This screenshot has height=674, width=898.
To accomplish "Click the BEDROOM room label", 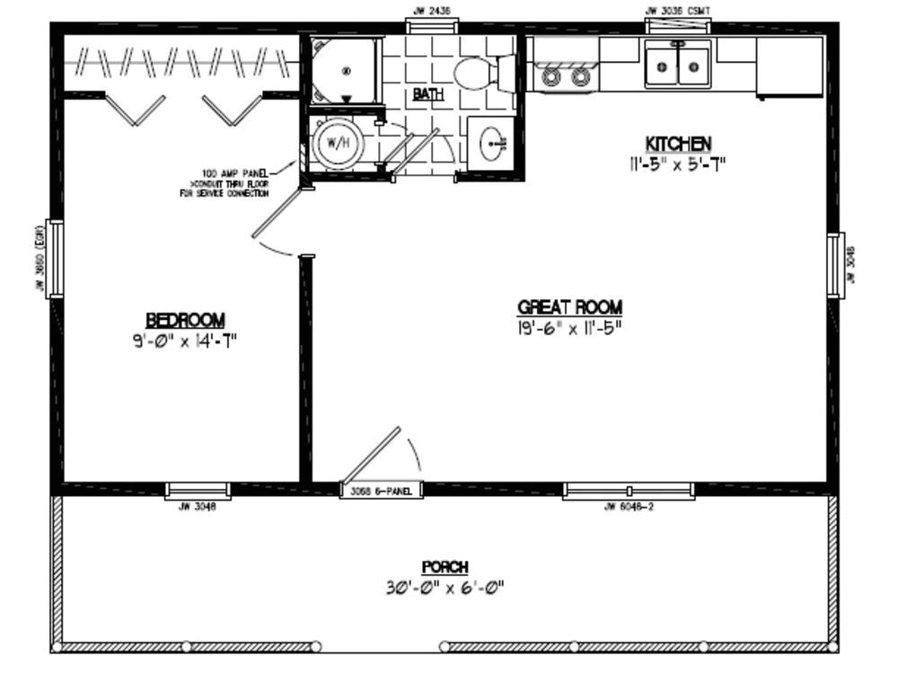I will pos(185,320).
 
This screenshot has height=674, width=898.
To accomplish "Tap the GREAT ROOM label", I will pos(569,306).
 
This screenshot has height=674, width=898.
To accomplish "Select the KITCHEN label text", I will pos(678,144).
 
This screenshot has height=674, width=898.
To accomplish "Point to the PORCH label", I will pos(445,567).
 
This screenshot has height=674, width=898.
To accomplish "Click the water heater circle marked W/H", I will pos(336,143).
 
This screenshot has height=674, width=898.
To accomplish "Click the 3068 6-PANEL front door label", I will pos(381,492).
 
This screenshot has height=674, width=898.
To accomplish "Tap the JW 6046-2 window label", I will pos(629,507).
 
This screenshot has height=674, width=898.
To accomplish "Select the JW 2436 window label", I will pos(431,11).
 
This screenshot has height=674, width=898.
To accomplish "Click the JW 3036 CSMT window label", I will pos(678,11).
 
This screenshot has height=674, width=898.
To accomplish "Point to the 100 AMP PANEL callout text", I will pos(235,181).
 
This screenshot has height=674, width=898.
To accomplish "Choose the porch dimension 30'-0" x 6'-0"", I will pos(445,589).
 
